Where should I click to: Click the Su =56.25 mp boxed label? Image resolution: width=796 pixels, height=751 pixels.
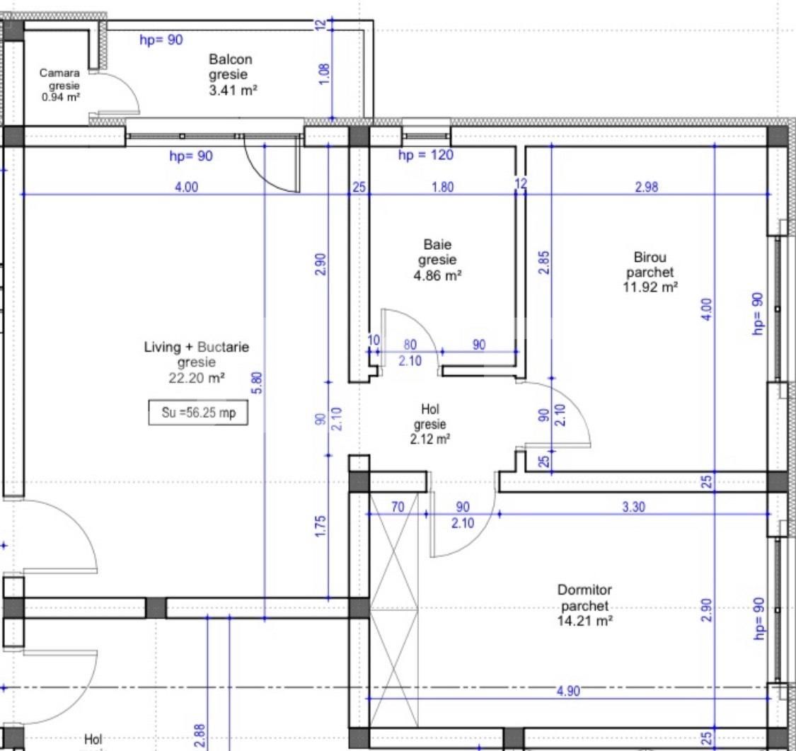(x=198, y=413)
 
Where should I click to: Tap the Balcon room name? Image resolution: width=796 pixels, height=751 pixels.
(x=231, y=60)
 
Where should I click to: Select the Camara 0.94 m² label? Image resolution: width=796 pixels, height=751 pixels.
(x=59, y=97)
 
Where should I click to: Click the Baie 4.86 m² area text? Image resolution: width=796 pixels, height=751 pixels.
(x=437, y=275)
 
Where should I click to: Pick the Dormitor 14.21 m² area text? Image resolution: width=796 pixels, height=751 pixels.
(x=584, y=621)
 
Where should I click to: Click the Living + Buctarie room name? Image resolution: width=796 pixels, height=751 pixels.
(x=197, y=348)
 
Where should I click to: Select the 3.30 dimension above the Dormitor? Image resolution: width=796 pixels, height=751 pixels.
(x=634, y=507)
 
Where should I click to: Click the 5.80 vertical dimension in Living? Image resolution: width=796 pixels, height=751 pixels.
(x=258, y=382)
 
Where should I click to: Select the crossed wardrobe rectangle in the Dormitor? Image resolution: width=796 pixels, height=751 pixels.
(x=394, y=609)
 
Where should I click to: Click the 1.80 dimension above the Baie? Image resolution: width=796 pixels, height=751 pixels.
(x=442, y=188)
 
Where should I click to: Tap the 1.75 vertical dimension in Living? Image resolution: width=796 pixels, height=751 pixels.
(x=320, y=527)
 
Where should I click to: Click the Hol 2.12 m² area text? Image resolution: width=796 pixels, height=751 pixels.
(x=431, y=439)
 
